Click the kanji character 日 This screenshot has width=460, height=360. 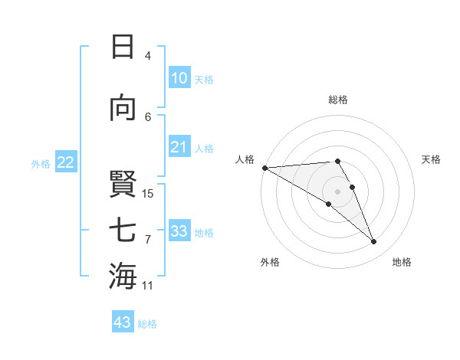tap(123, 47)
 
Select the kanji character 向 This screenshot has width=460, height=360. tap(123, 109)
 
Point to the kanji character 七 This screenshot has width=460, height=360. tap(123, 230)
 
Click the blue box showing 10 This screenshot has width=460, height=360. tap(179, 78)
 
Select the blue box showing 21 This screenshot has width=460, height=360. tap(179, 147)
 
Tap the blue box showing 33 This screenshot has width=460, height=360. tap(179, 231)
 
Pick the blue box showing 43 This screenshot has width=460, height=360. tap(123, 322)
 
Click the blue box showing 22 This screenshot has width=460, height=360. tap(65, 162)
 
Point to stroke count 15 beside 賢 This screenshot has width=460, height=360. tap(148, 193)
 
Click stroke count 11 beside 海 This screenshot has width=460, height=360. tap(148, 286)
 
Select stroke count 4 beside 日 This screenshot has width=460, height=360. tap(147, 56)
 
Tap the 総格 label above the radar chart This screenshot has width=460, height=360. tap(338, 100)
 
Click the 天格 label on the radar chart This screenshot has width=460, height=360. tap(431, 159)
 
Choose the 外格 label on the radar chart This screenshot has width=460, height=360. tap(270, 262)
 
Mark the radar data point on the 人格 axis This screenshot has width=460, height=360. tap(264, 168)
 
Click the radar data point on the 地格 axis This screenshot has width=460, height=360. tap(374, 242)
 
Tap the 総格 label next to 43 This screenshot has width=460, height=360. tap(147, 324)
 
